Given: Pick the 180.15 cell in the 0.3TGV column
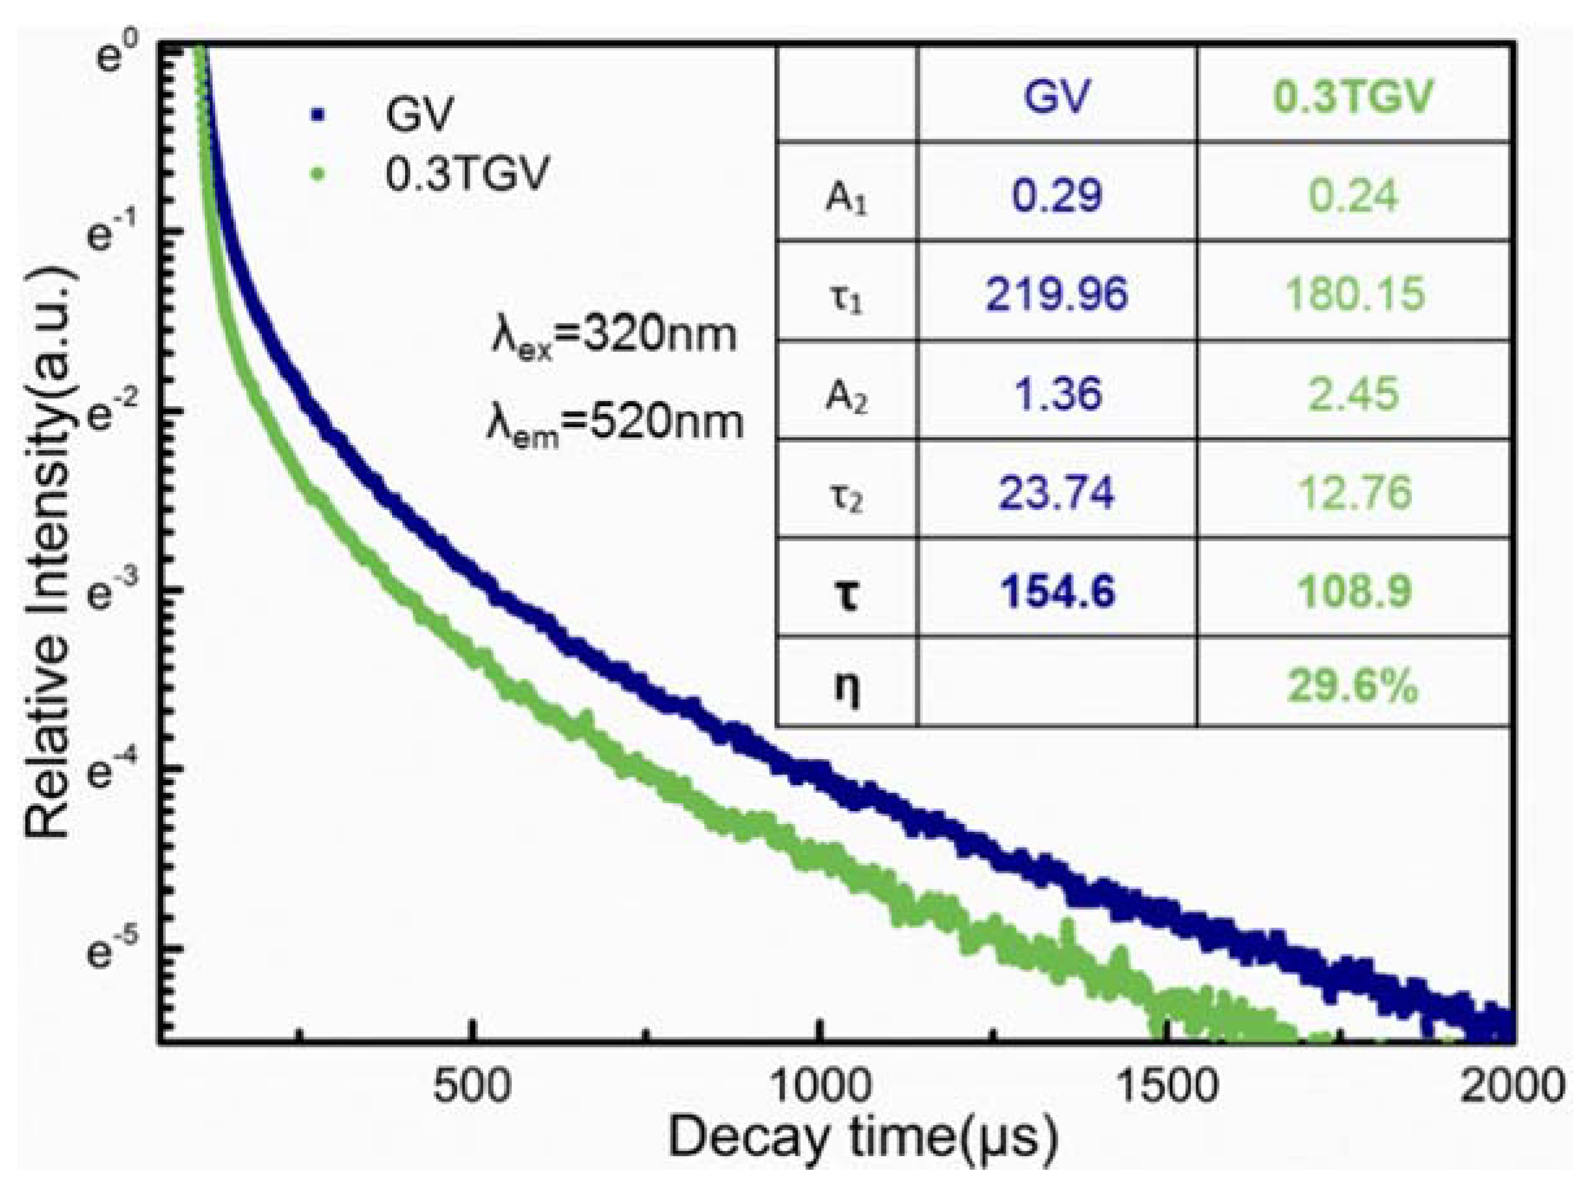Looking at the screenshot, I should (1354, 294).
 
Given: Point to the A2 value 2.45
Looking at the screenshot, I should (1354, 393).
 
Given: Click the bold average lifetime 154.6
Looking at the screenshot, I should (1058, 591).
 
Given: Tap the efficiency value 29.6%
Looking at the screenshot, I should (1352, 686).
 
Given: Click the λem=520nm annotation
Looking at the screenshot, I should (615, 424).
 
